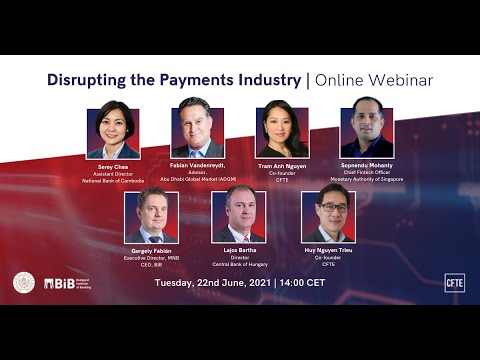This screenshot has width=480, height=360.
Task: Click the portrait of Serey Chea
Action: [x=112, y=130]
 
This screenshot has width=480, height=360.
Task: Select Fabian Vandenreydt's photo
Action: [x=197, y=130]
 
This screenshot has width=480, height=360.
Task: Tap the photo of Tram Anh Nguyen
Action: [x=282, y=130]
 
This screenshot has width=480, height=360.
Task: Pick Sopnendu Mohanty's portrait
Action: [x=367, y=130]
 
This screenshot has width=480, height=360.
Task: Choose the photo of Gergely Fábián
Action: [x=151, y=215]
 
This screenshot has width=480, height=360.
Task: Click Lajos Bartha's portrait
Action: [x=239, y=215]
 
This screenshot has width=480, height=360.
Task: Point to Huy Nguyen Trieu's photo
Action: [x=328, y=215]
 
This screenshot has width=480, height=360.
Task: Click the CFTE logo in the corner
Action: [x=454, y=282]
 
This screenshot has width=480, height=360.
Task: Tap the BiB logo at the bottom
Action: [x=67, y=284]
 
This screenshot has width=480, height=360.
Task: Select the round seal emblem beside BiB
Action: [x=24, y=283]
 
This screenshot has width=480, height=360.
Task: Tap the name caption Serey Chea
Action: [x=112, y=166]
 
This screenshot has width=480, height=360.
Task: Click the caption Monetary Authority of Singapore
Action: [x=367, y=178]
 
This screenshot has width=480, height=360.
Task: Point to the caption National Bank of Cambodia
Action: [x=112, y=178]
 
